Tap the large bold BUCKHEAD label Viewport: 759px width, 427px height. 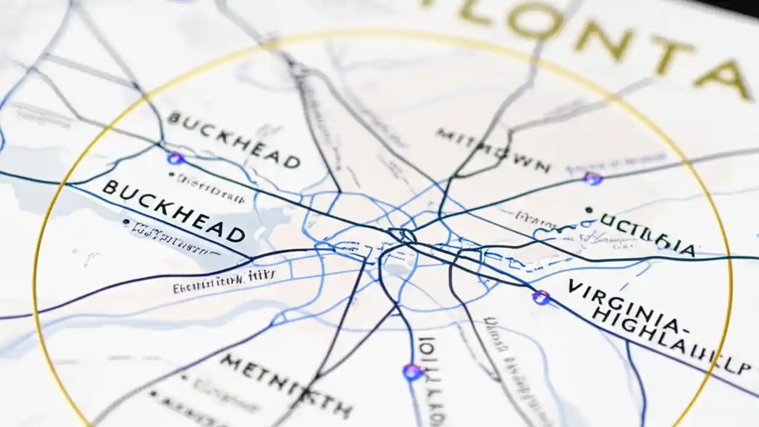pos(173,212)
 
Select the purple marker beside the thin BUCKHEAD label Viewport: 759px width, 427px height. pos(175,158)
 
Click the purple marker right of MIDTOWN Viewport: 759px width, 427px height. pos(592,178)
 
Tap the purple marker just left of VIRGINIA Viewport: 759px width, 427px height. pos(540,297)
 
